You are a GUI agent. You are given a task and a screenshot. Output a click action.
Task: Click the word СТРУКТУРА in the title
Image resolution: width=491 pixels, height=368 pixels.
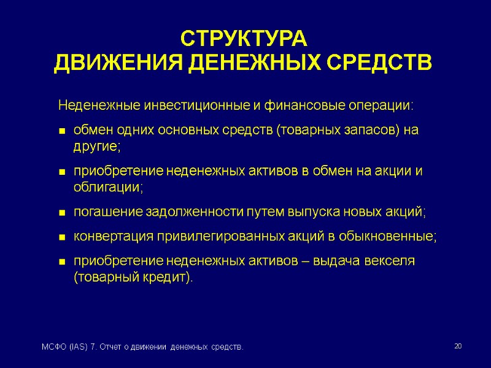pyautogui.click(x=243, y=39)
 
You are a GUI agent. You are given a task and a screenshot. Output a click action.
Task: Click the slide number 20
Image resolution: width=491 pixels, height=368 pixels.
pyautogui.click(x=457, y=347)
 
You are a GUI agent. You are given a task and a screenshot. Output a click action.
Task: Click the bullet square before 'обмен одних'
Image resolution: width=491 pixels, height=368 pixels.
pyautogui.click(x=62, y=131)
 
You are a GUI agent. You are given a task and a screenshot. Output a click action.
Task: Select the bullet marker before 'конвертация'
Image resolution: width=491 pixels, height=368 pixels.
pyautogui.click(x=62, y=237)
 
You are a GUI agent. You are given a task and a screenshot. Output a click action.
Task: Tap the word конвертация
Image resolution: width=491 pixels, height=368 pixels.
pyautogui.click(x=112, y=237)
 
